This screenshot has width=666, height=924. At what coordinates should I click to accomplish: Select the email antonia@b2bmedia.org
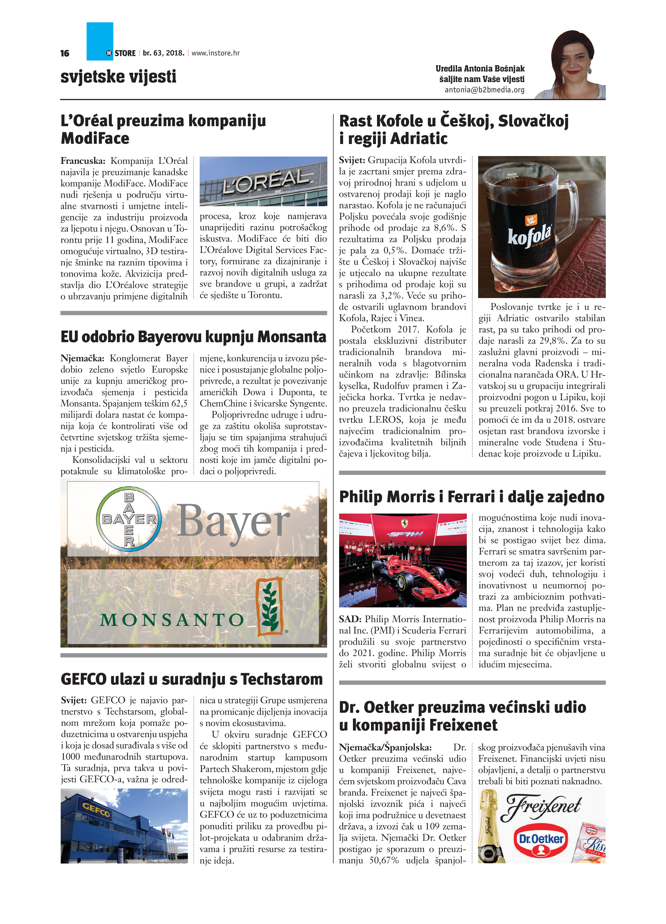click(484, 90)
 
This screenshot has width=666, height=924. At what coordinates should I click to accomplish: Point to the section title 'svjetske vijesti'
click(118, 77)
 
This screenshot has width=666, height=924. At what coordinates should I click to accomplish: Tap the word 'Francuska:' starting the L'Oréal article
click(83, 161)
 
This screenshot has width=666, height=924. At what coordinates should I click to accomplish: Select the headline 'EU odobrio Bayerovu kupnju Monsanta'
click(193, 337)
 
